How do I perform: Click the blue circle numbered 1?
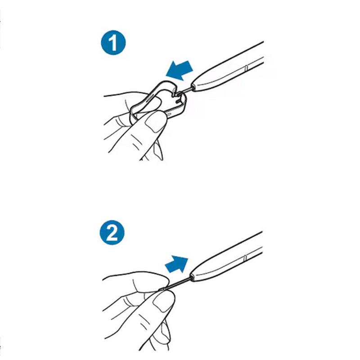click(113, 43)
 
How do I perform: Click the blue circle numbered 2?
click(112, 233)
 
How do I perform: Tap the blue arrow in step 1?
click(179, 70)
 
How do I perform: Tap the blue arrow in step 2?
click(176, 264)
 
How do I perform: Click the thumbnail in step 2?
click(162, 302)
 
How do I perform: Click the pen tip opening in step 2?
click(192, 276)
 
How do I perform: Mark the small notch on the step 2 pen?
click(245, 257)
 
